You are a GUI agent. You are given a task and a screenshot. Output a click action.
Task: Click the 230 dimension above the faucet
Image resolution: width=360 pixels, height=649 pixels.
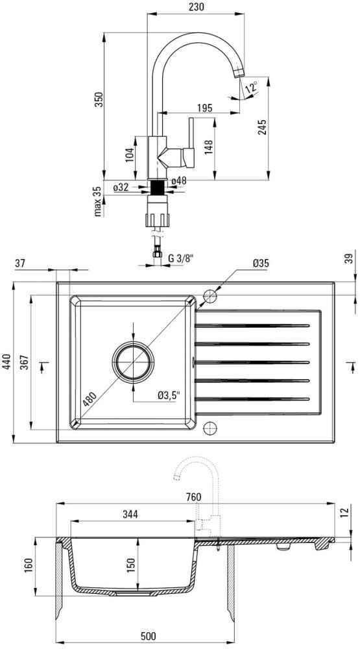[x=196, y=7]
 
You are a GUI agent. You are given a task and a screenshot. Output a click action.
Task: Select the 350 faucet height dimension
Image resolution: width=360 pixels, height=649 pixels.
[x=98, y=99]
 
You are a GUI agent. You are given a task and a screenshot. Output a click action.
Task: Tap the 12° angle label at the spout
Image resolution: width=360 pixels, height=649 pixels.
[x=251, y=88]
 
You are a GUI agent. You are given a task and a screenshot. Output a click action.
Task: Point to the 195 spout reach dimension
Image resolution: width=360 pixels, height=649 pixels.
[x=204, y=108]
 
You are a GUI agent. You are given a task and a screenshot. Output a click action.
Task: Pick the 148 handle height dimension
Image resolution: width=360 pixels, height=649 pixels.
[x=208, y=147]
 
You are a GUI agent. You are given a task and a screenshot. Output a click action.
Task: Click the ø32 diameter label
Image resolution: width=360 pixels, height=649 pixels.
[x=121, y=187]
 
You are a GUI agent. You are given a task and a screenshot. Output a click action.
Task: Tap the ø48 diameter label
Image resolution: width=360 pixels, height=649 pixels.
[x=179, y=181]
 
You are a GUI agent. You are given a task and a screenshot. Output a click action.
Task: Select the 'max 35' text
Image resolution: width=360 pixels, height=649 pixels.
[x=98, y=202]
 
